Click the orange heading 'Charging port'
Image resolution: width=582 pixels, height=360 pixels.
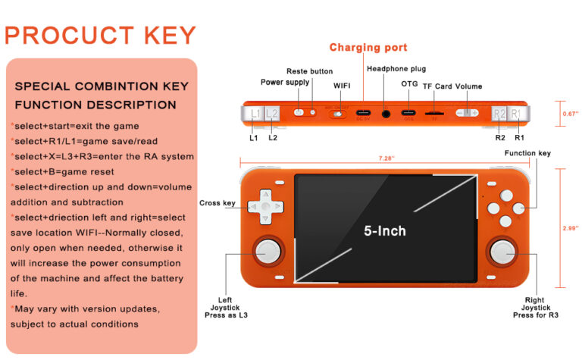point(368,48)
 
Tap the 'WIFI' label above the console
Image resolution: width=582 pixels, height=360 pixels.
point(342,86)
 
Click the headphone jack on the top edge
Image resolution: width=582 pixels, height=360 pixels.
point(387,114)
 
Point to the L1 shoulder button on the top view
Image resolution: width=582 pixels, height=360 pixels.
point(255,114)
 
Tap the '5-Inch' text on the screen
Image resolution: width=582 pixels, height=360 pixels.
point(384,230)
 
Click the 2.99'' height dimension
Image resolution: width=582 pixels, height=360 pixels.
point(570,226)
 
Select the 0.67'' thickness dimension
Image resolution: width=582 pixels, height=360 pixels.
point(570,114)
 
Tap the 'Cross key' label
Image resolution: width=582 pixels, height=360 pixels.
point(217,203)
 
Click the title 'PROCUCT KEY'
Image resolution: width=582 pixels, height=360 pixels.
point(100,36)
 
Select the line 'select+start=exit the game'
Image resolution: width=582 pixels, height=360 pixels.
point(75,126)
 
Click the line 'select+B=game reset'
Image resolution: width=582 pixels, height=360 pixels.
point(62,171)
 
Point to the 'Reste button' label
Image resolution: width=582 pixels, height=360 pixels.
point(309,71)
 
